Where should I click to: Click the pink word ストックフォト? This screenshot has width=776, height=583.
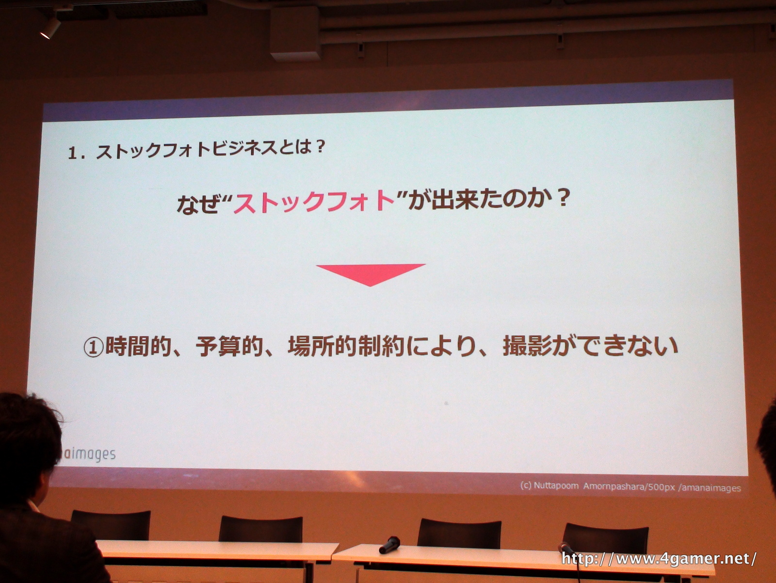(x=314, y=202)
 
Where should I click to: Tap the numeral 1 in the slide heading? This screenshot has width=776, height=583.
(x=72, y=153)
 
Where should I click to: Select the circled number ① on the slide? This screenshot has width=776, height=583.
(x=94, y=347)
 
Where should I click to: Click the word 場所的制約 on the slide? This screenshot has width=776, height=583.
(x=346, y=346)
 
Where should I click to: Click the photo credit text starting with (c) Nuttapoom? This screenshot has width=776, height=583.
(x=630, y=487)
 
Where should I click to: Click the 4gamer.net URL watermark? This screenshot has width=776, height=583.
(x=659, y=559)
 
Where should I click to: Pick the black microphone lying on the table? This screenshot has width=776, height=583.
(x=389, y=545)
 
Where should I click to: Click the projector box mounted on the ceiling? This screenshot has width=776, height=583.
(x=295, y=33)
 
